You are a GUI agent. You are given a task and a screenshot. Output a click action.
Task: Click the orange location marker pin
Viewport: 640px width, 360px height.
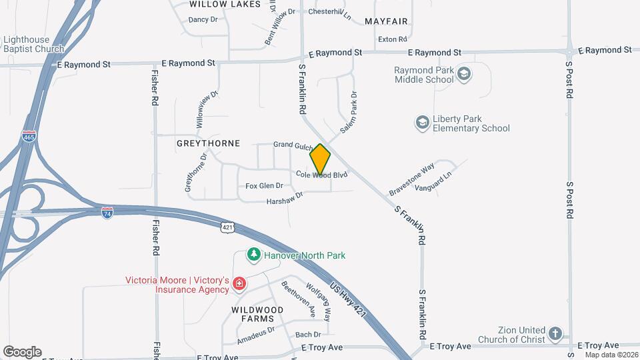tap(320, 159)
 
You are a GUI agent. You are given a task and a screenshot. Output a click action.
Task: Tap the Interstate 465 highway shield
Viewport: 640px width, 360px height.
tap(29, 137)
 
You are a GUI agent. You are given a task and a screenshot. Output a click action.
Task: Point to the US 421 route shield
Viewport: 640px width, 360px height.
tap(228, 227)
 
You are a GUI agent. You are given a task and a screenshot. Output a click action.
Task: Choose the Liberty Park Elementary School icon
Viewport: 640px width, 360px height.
tap(422, 123)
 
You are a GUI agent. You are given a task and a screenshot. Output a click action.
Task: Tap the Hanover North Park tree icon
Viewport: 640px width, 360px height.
tap(253, 255)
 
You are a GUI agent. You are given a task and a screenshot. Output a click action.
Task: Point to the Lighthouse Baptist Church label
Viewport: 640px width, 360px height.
tap(33, 44)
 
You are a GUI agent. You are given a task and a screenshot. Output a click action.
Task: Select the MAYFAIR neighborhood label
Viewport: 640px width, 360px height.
tap(386, 21)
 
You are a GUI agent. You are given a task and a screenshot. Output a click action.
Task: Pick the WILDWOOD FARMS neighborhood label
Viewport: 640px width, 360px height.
tap(257, 315)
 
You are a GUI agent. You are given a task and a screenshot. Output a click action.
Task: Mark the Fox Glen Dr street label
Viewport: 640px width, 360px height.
tap(264, 186)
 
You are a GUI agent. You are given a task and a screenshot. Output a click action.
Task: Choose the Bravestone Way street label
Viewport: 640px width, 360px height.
tap(412, 177)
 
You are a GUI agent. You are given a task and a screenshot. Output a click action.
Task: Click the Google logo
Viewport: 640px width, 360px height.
tap(22, 352)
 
